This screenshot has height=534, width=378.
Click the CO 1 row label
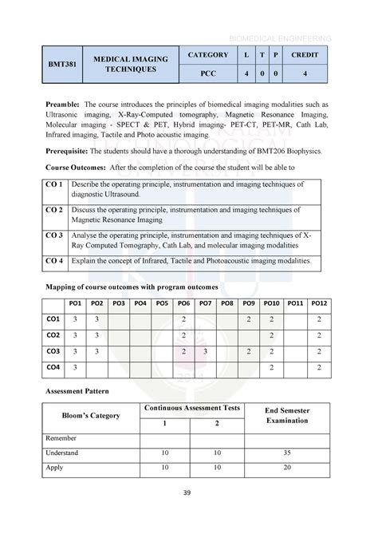54,185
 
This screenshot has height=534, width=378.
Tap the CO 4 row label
54,261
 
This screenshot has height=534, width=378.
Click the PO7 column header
206,303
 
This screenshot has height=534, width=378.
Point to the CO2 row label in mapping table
53,335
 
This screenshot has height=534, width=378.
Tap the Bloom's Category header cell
92,416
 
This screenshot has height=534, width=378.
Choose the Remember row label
64,437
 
